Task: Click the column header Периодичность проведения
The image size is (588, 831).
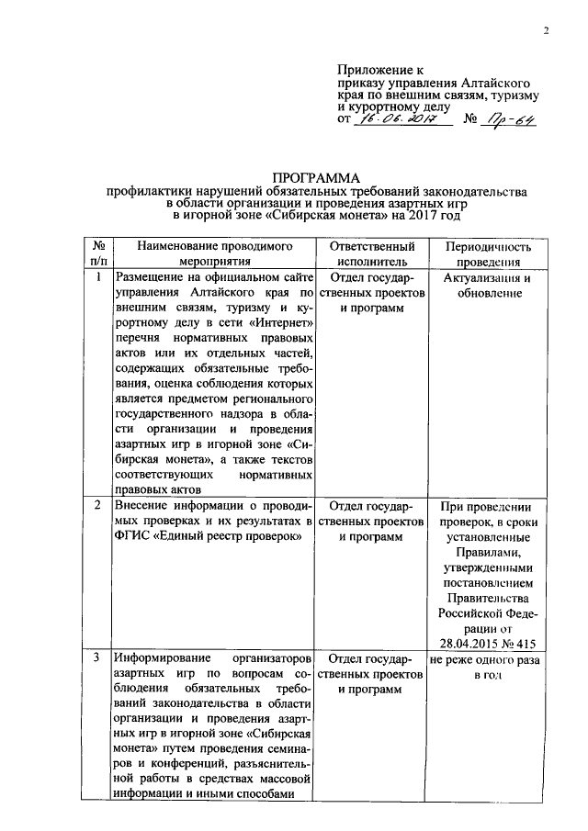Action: (x=488, y=254)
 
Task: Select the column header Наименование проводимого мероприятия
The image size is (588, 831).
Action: (x=214, y=254)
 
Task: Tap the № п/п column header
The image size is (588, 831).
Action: (x=97, y=254)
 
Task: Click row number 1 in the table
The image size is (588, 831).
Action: (x=97, y=277)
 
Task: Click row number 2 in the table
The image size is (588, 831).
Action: (x=97, y=506)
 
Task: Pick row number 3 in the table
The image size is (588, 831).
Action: (x=97, y=659)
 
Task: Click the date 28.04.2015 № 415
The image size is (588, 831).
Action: (x=488, y=643)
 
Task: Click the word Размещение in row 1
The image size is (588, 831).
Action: (x=150, y=277)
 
